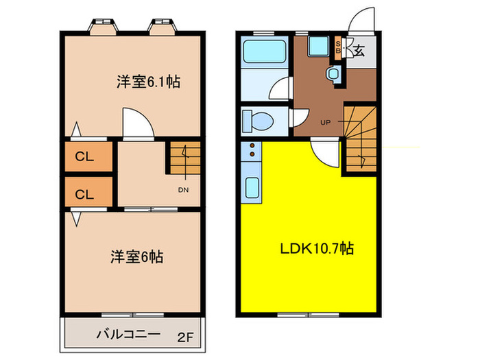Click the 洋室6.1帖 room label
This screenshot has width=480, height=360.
(148, 82)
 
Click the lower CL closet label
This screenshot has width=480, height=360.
(84, 193)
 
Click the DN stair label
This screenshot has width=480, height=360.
(183, 190)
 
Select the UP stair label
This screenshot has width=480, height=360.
(324, 123)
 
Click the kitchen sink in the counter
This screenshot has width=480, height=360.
(251, 187)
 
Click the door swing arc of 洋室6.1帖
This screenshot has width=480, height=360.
(136, 121)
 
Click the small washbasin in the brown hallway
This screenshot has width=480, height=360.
(334, 73)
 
